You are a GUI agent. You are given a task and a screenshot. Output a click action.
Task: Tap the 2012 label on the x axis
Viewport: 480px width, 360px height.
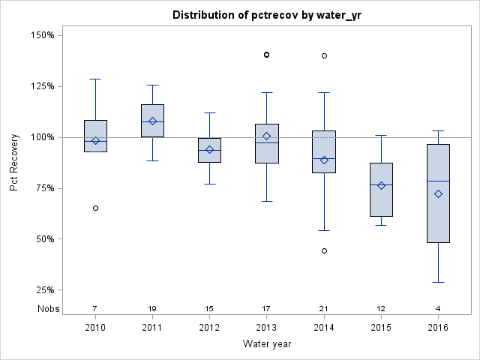[x=210, y=328]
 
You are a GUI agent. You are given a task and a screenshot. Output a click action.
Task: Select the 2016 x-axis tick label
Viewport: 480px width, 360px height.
[x=439, y=328]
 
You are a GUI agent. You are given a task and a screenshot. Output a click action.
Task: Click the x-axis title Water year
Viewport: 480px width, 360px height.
[x=267, y=343]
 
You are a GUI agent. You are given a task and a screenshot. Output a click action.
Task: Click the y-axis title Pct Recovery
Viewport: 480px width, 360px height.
[x=15, y=163]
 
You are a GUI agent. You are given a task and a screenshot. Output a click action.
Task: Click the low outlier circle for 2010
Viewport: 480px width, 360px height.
[x=95, y=208]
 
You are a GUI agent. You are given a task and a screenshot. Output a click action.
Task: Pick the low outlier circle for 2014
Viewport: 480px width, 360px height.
[x=324, y=250]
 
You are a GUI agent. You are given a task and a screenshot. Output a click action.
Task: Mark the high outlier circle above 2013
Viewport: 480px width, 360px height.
[x=266, y=55]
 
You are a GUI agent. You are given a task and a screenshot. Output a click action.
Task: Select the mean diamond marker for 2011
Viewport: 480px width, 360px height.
[x=153, y=121]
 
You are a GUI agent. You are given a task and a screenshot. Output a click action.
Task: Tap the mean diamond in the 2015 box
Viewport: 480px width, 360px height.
[x=381, y=185]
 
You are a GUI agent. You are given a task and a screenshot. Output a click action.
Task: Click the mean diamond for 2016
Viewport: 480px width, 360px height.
[x=439, y=193]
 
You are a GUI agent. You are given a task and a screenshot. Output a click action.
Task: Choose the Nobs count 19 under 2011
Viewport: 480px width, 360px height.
[x=153, y=308]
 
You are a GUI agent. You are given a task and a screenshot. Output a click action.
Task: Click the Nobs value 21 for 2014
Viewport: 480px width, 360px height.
[x=324, y=308]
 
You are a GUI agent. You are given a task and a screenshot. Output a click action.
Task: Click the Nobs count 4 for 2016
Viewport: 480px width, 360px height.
[x=439, y=308]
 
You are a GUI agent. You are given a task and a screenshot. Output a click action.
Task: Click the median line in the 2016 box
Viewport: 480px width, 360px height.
[x=439, y=181]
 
